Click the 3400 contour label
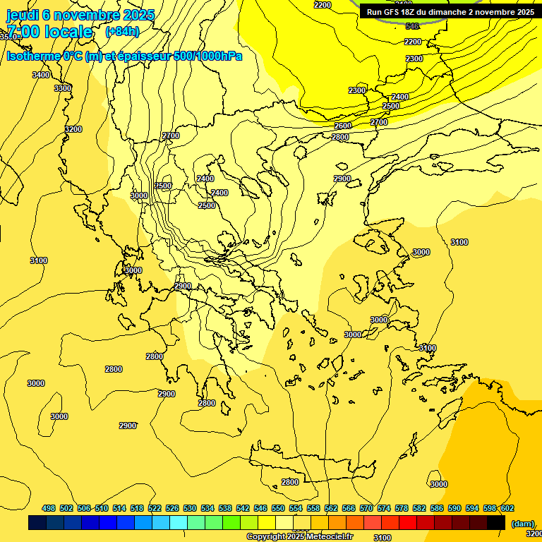click(x=41, y=75)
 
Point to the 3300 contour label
click(x=63, y=88)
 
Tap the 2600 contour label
click(x=343, y=126)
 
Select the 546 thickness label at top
click(x=412, y=26)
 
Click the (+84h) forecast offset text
click(x=122, y=32)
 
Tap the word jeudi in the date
click(x=23, y=15)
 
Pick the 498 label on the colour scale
click(x=49, y=509)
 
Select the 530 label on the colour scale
click(x=190, y=509)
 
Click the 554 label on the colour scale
click(x=296, y=509)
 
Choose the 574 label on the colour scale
click(x=384, y=509)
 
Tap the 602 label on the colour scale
click(x=507, y=509)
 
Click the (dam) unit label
click(x=523, y=523)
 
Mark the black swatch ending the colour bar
click(x=496, y=523)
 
